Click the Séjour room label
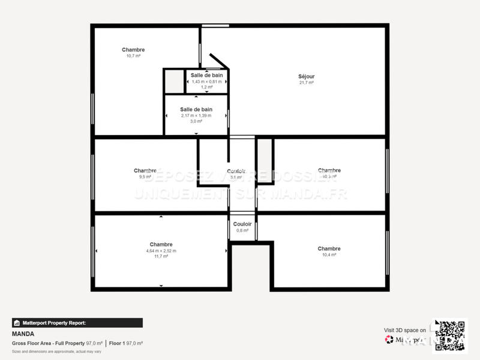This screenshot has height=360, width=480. (x=306, y=76)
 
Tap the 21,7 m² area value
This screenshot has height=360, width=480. (x=306, y=83)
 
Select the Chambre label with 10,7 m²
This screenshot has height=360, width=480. (x=133, y=50)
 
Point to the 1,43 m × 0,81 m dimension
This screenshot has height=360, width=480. (x=206, y=81)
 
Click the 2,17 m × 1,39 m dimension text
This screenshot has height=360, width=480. (x=196, y=115)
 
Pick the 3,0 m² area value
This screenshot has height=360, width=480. (x=196, y=121)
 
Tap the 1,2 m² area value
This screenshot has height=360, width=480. (x=206, y=87)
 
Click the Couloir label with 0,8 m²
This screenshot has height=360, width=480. (x=242, y=224)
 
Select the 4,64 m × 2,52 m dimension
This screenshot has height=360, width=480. (x=161, y=250)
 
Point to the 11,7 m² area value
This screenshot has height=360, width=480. (x=161, y=256)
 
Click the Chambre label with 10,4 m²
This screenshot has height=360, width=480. (x=329, y=248)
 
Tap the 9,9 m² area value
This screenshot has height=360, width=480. (x=145, y=177)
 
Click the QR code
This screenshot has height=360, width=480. (x=449, y=334)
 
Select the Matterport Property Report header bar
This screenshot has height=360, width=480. (x=77, y=323)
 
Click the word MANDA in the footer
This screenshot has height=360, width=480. (x=23, y=334)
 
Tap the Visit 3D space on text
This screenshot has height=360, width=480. (x=405, y=330)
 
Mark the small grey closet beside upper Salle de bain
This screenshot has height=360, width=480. (x=174, y=82)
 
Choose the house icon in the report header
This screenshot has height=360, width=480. (x=17, y=323)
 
